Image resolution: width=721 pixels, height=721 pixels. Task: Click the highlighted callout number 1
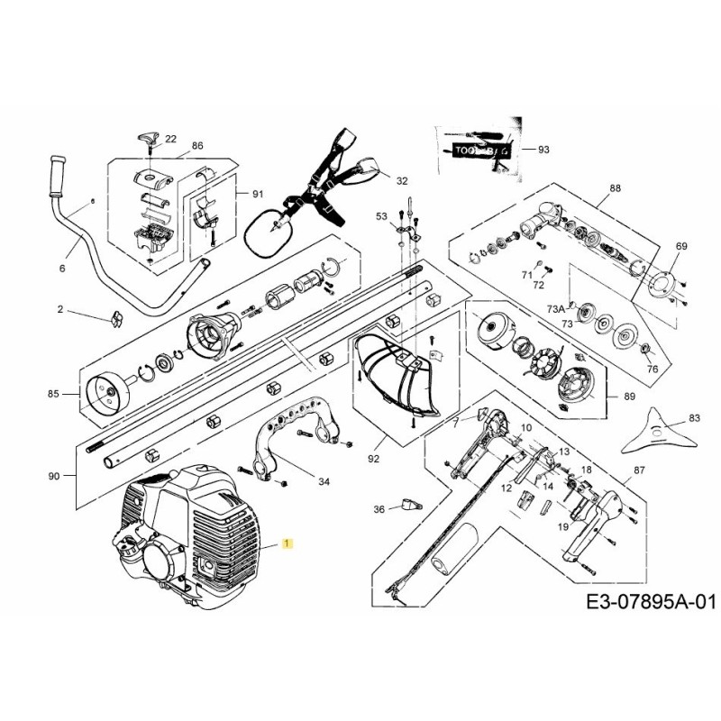click(x=287, y=544)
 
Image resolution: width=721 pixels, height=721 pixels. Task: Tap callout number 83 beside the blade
click(x=693, y=418)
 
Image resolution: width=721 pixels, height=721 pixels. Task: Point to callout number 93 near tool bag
click(x=543, y=149)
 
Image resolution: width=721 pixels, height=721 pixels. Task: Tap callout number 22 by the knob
click(x=171, y=138)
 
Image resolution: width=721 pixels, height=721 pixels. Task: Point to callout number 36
click(x=379, y=509)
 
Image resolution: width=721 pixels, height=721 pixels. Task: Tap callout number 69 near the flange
click(x=680, y=246)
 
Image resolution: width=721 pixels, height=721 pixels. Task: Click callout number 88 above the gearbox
click(x=616, y=188)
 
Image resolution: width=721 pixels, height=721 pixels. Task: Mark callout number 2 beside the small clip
click(x=60, y=310)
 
